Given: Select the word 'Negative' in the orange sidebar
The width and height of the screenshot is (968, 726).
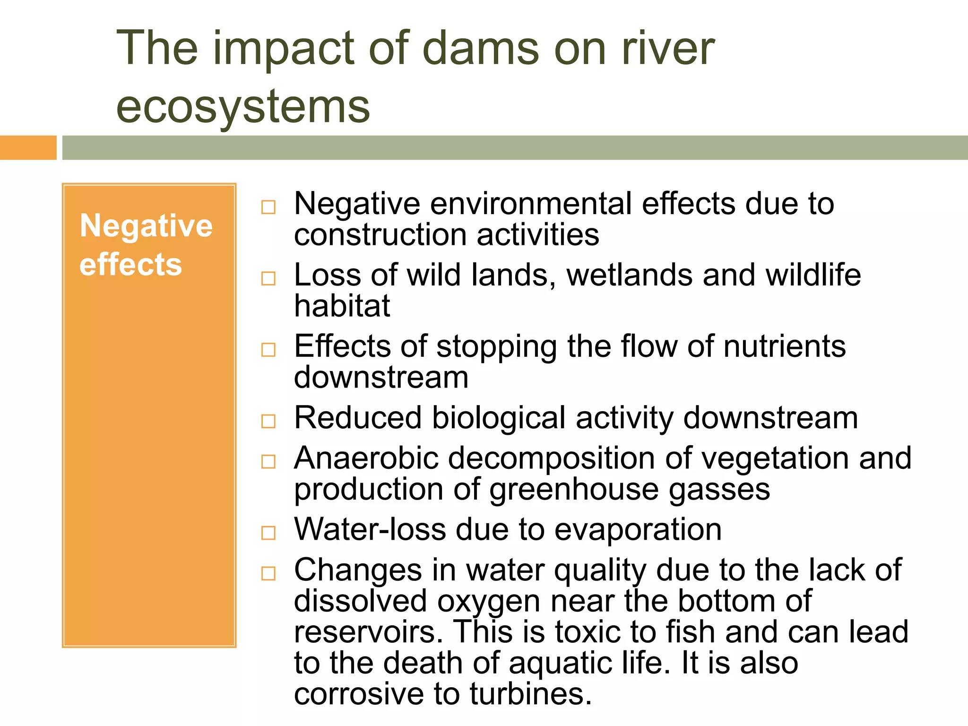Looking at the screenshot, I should point(146,226).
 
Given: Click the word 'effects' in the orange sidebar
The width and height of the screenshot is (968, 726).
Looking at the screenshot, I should point(130,264).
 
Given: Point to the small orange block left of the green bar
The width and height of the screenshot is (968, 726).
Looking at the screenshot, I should point(28,147).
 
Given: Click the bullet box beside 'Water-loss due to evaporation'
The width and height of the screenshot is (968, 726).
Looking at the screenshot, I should point(268,533).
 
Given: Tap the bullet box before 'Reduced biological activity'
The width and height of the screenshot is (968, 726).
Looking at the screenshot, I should point(268,421).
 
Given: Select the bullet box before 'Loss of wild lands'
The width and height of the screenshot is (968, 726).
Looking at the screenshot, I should point(268,278).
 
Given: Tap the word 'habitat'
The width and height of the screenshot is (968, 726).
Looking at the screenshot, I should point(342,306).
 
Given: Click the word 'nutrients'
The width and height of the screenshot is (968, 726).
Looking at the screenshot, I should point(785,346).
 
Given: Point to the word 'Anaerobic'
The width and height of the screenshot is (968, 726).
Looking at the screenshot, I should point(366,458).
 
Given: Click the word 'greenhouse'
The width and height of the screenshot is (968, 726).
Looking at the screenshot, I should point(574,490).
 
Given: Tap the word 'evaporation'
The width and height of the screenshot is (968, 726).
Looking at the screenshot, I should point(638,530).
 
